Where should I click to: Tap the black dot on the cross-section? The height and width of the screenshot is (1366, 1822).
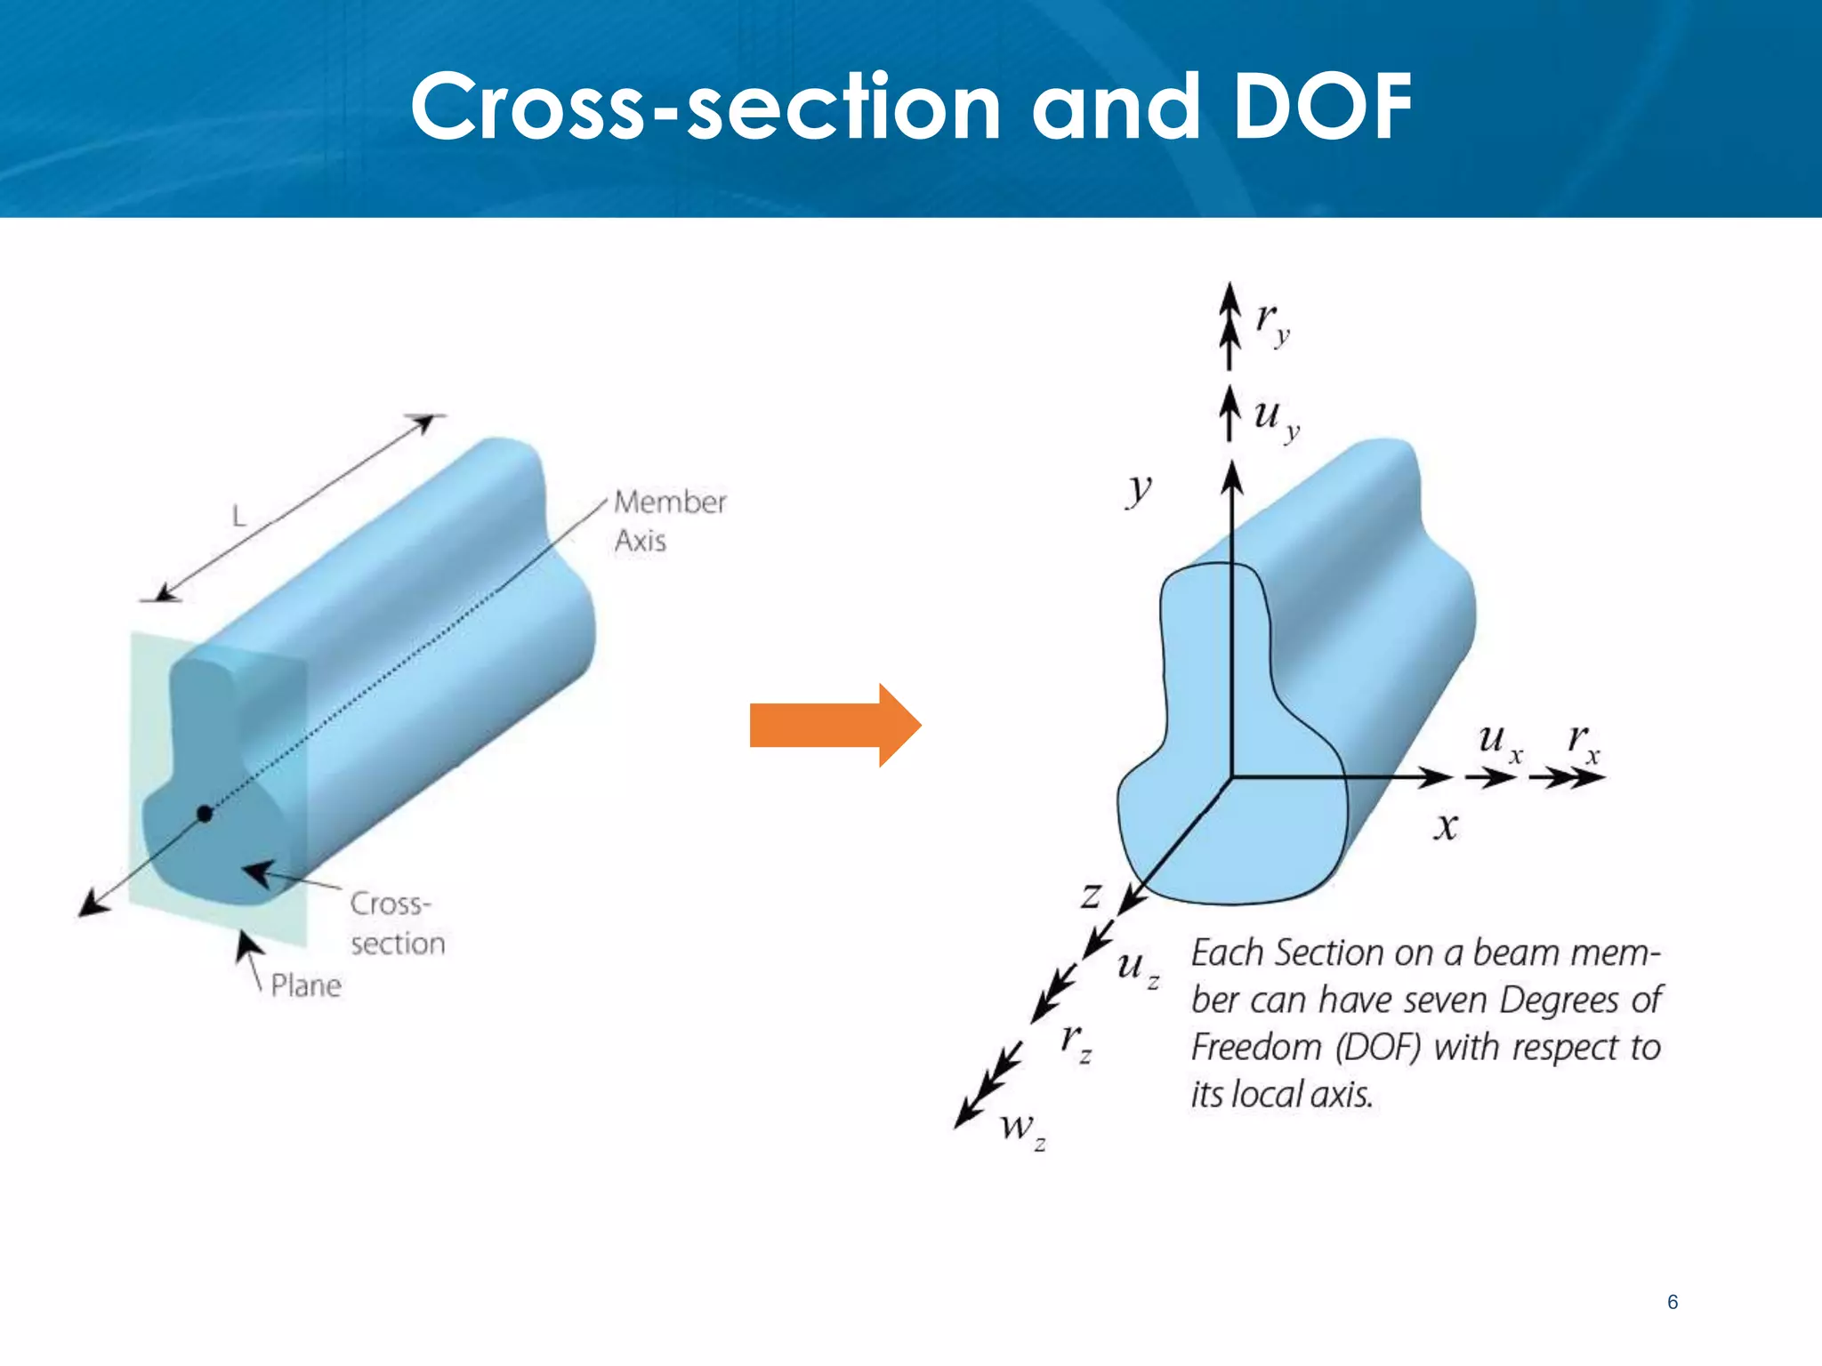pyautogui.click(x=205, y=813)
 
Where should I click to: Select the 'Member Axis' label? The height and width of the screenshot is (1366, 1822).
pyautogui.click(x=669, y=521)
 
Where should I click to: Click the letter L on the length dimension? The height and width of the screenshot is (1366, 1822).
pyautogui.click(x=238, y=515)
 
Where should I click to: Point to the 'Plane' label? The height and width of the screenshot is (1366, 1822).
pyautogui.click(x=306, y=985)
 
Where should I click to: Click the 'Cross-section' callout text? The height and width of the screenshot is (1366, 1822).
pyautogui.click(x=397, y=923)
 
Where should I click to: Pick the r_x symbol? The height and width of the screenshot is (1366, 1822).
pyautogui.click(x=1583, y=742)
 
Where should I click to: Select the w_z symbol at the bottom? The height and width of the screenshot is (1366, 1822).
pyautogui.click(x=1022, y=1129)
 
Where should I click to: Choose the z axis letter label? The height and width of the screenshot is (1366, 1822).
pyautogui.click(x=1091, y=895)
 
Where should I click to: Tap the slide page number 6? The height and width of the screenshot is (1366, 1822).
pyautogui.click(x=1673, y=1302)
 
